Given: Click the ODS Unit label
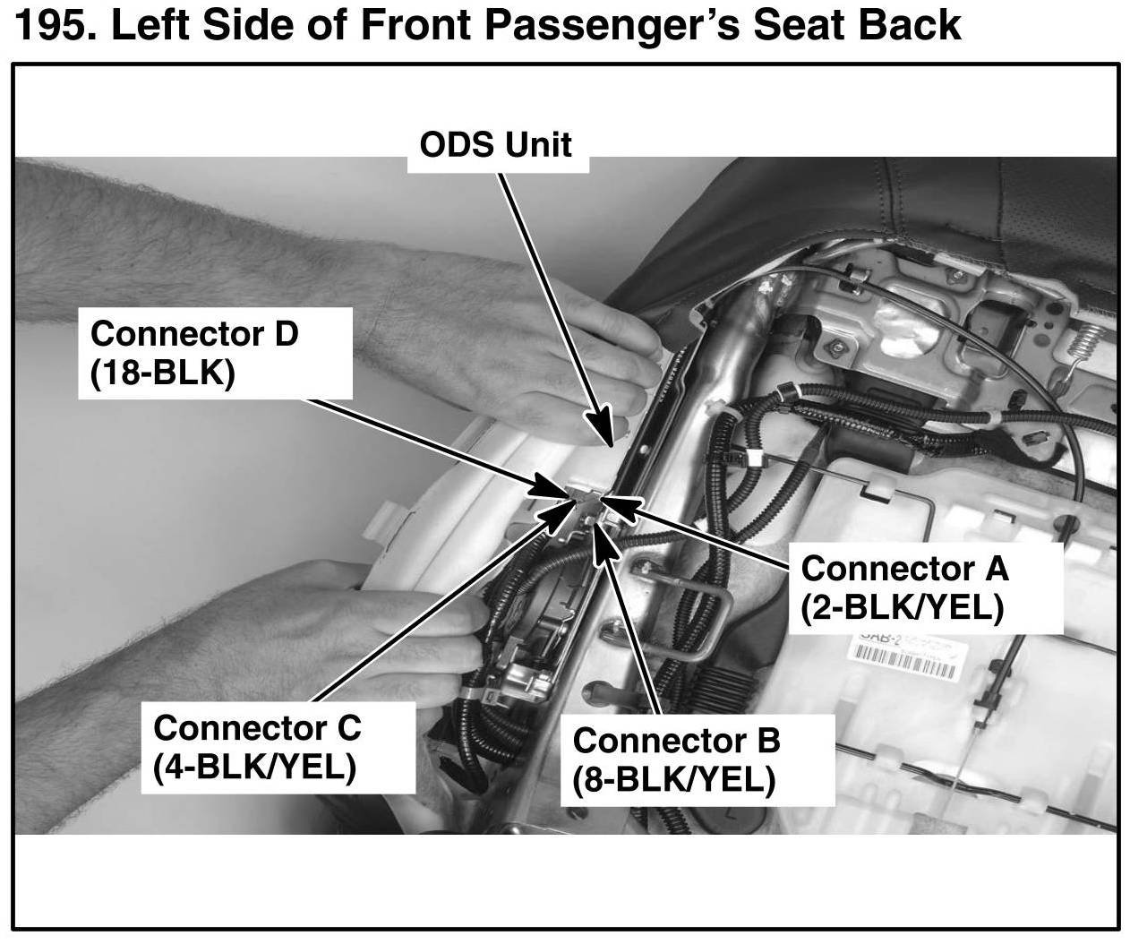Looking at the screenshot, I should click(x=495, y=144).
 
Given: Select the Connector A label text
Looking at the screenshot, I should click(x=904, y=568).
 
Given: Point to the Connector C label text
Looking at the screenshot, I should click(x=257, y=726).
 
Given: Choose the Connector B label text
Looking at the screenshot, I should click(x=676, y=741).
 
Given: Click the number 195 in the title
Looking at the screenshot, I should click(x=55, y=27).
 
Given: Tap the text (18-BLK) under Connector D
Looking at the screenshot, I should click(x=162, y=373).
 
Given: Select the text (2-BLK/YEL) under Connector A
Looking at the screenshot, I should click(x=903, y=608).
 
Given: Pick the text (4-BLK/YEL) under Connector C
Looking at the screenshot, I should click(x=255, y=767).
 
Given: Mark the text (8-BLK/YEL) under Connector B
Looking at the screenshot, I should click(x=673, y=781).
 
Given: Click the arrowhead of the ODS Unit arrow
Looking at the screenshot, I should click(x=609, y=434).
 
